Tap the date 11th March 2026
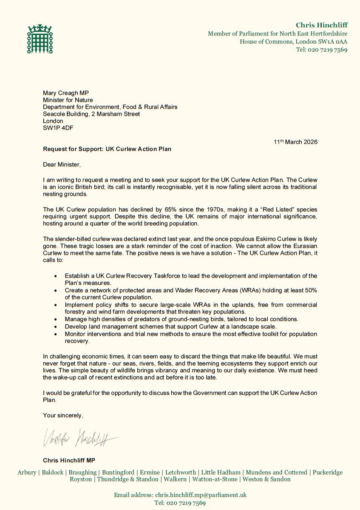[x=295, y=142]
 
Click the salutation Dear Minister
[x=61, y=164]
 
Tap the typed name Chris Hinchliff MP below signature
[x=68, y=460]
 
